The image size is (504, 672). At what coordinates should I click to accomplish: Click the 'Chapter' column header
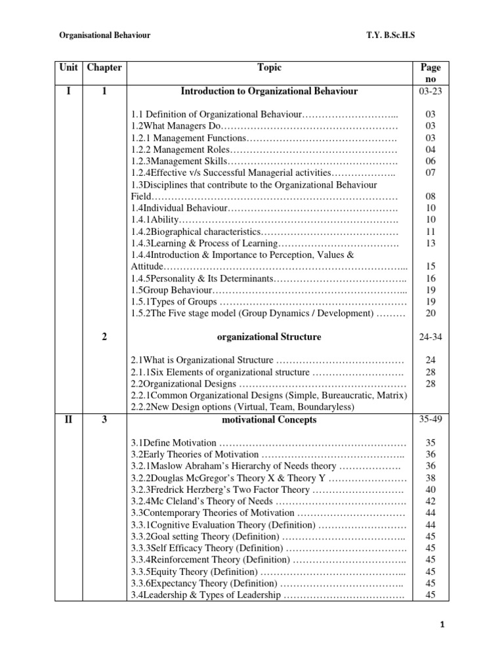pyautogui.click(x=104, y=67)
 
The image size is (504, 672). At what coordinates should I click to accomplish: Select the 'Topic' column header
pyautogui.click(x=269, y=67)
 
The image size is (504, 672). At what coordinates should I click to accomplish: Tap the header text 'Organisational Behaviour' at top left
pyautogui.click(x=105, y=35)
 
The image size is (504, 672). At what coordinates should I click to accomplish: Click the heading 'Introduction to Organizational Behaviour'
pyautogui.click(x=269, y=91)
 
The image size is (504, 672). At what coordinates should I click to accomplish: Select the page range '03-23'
pyautogui.click(x=430, y=91)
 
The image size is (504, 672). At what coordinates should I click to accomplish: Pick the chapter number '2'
pyautogui.click(x=104, y=337)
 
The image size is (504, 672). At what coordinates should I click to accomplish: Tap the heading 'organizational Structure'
pyautogui.click(x=269, y=337)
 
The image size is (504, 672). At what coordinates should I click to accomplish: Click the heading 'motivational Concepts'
pyautogui.click(x=269, y=420)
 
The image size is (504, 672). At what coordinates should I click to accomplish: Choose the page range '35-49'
pyautogui.click(x=430, y=420)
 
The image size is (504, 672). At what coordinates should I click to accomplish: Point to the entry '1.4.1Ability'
pyautogui.click(x=155, y=220)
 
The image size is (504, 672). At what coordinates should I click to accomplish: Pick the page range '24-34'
pyautogui.click(x=430, y=337)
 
